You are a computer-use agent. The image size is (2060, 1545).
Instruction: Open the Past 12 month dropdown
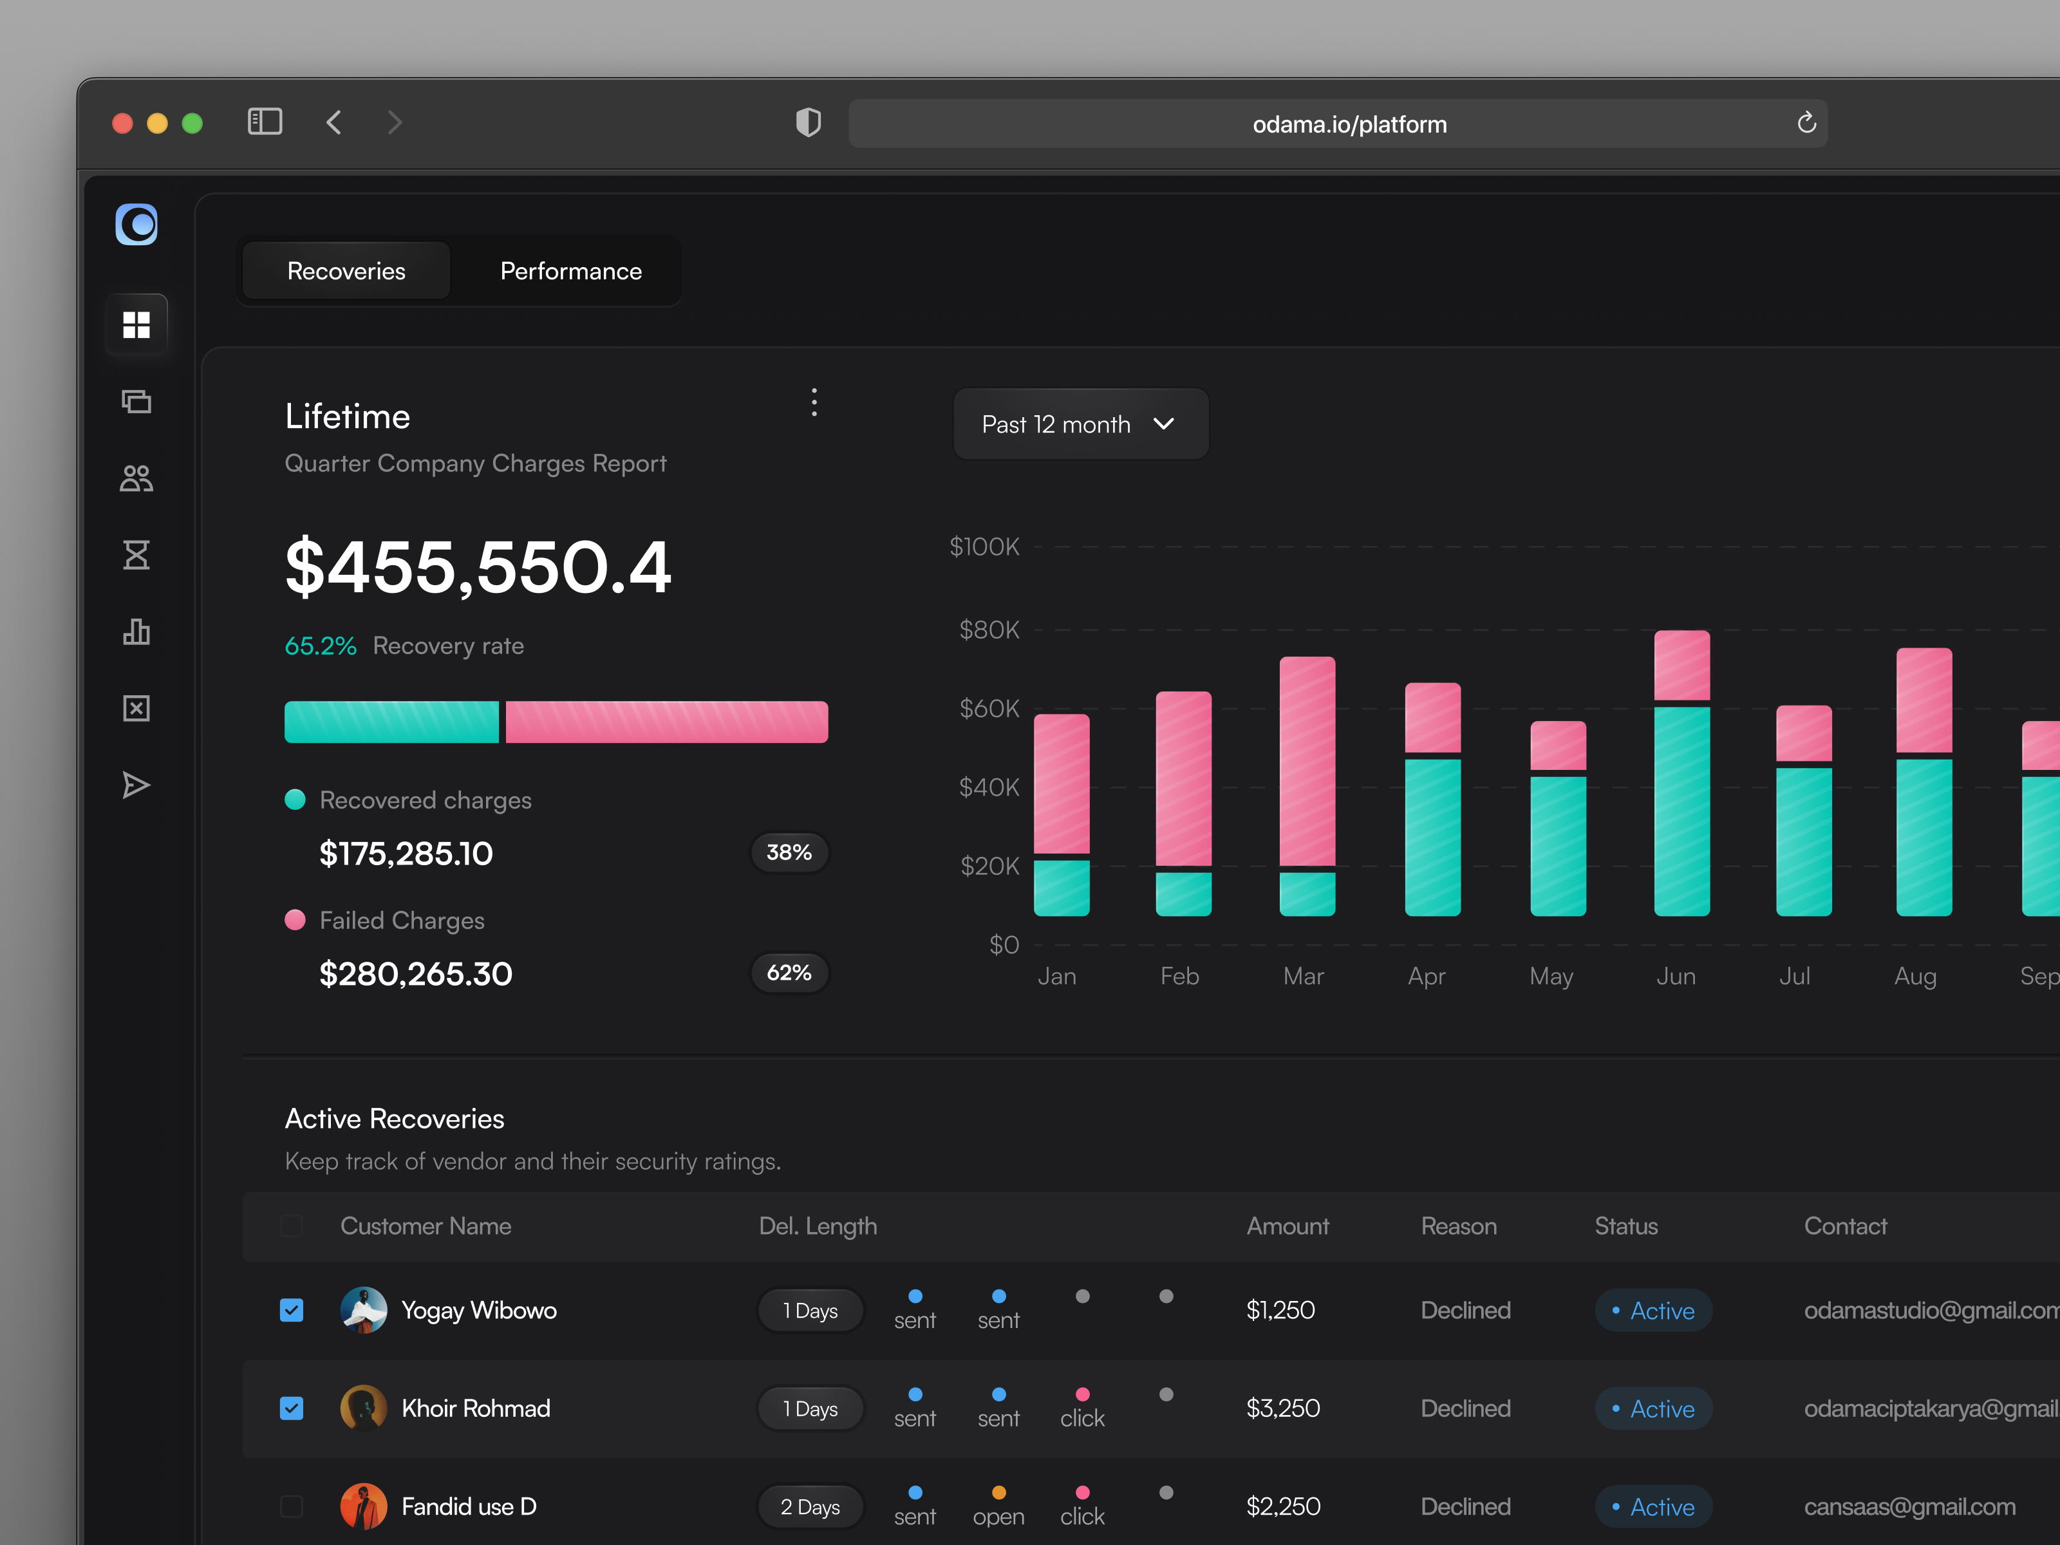click(1080, 425)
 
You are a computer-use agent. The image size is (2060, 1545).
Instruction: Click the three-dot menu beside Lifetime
click(814, 402)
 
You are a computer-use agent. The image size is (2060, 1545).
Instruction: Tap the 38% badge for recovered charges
click(788, 852)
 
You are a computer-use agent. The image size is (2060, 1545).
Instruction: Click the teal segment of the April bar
click(1432, 836)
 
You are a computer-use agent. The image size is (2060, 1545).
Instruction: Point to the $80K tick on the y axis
click(988, 630)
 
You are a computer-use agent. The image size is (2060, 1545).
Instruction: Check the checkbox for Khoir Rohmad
click(292, 1408)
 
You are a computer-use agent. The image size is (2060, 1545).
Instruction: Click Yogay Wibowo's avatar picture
click(363, 1310)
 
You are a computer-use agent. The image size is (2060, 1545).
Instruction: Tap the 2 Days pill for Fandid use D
click(809, 1507)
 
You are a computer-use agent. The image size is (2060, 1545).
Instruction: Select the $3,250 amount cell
click(1282, 1408)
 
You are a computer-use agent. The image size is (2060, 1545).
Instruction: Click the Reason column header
click(1457, 1226)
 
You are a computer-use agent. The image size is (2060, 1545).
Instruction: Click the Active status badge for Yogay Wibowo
click(1653, 1310)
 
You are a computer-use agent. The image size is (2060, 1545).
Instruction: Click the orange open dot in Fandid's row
click(998, 1493)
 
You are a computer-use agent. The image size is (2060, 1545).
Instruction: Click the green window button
click(192, 124)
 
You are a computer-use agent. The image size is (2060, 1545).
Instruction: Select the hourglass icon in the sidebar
click(136, 555)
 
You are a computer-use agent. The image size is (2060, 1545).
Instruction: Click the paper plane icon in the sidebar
click(136, 785)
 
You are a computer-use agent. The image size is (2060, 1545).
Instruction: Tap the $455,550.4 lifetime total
click(477, 566)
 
